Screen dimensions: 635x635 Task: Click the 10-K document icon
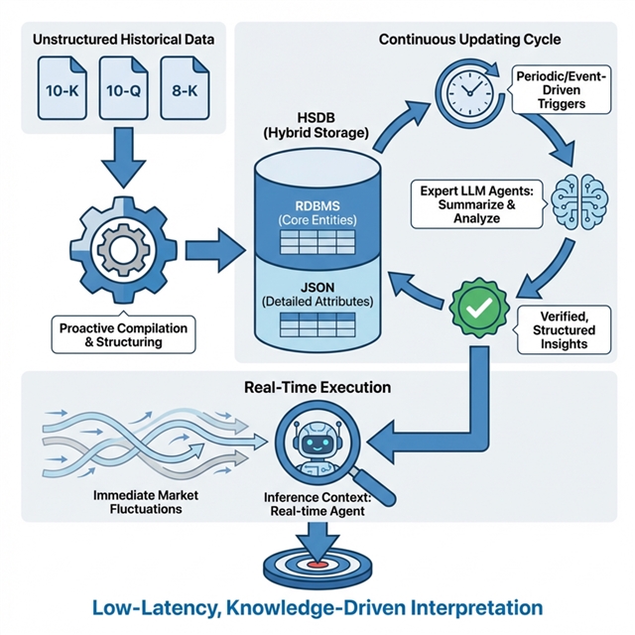[x=62, y=88]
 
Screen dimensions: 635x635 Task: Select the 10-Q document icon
[x=123, y=88]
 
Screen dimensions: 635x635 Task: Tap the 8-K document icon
[x=185, y=88]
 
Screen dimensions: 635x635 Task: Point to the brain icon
[x=579, y=200]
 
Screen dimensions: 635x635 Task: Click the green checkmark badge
[x=479, y=308]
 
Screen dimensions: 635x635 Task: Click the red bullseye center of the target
[x=317, y=565]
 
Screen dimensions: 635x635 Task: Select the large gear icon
[x=123, y=250]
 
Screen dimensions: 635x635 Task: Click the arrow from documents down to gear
[x=123, y=158]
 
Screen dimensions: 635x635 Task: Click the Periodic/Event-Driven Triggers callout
[x=561, y=89]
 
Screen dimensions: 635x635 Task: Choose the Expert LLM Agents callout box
[x=477, y=204]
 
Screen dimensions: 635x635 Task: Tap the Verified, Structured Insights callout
[x=564, y=329]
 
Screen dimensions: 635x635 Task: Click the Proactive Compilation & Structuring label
[x=123, y=335]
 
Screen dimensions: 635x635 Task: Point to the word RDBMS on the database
[x=317, y=206]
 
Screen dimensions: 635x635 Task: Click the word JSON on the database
[x=317, y=288]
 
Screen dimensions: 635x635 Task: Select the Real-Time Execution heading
[x=317, y=388]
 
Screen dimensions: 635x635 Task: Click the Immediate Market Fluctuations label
[x=146, y=502]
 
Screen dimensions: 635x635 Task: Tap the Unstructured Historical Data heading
[x=123, y=40]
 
